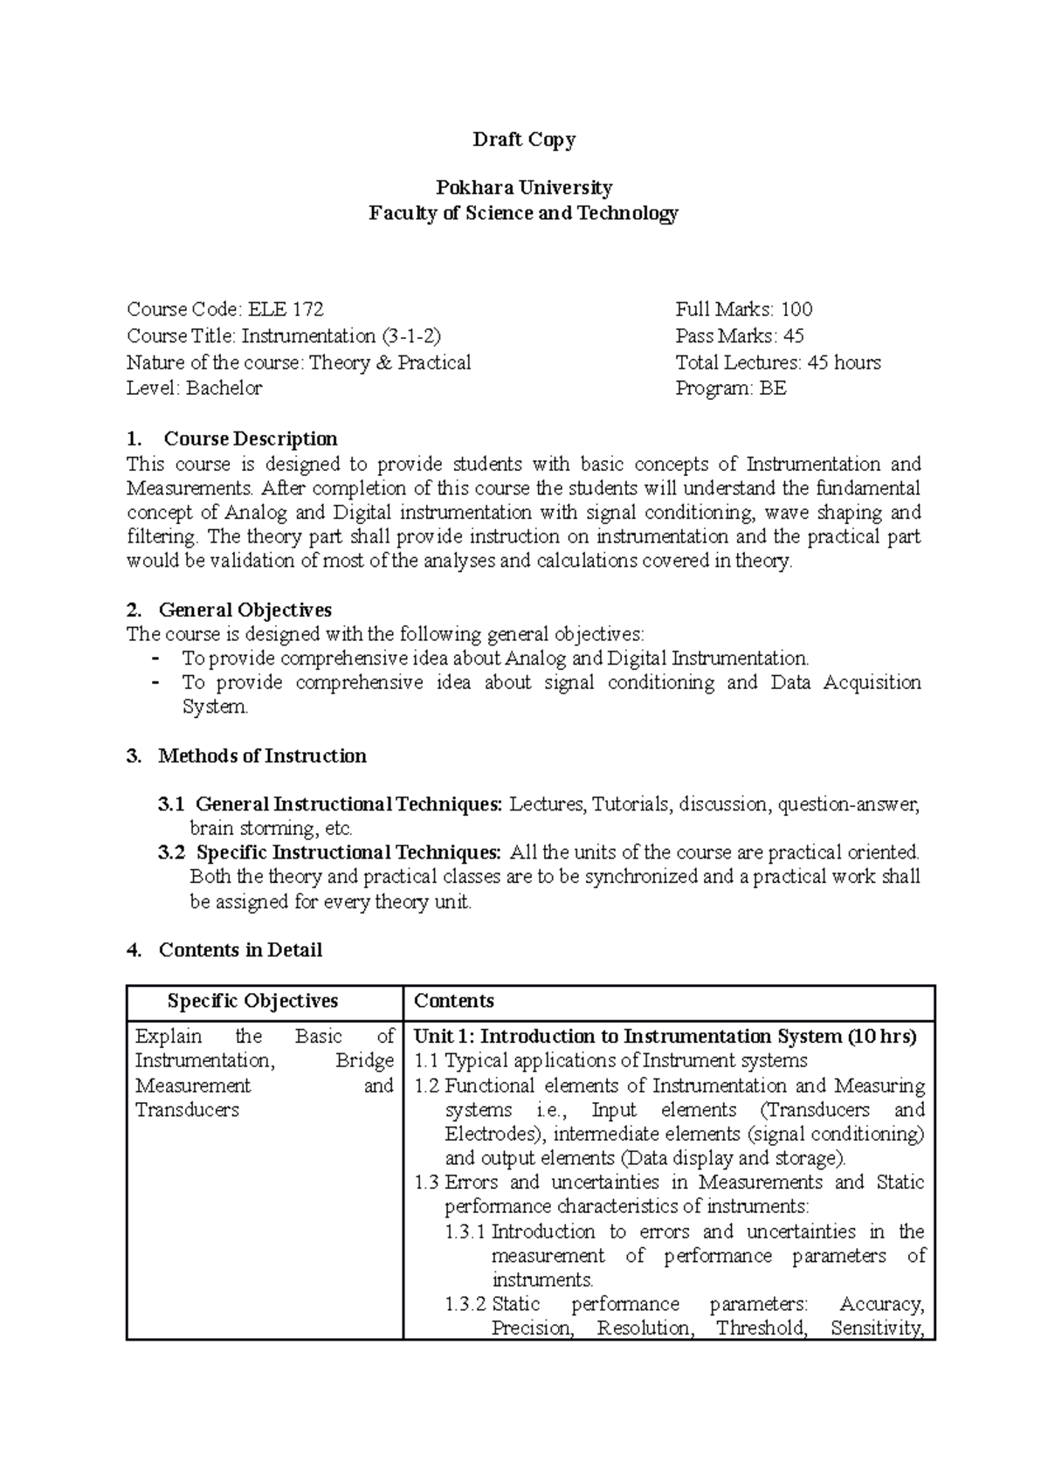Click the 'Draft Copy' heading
(x=523, y=140)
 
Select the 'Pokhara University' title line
(x=523, y=188)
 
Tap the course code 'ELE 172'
(x=286, y=309)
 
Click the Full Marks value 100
(x=796, y=309)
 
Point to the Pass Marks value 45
(x=793, y=336)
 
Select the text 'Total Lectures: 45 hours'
(x=777, y=362)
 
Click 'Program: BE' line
(x=730, y=389)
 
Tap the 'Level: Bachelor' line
(x=194, y=389)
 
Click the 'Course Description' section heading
(x=250, y=438)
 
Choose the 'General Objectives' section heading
(x=245, y=610)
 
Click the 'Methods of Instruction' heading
(x=262, y=756)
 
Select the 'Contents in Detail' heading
(x=240, y=950)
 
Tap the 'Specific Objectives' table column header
(x=252, y=1002)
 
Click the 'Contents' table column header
(x=453, y=1002)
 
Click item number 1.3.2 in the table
(x=465, y=1305)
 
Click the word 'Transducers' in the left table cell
(x=187, y=1111)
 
